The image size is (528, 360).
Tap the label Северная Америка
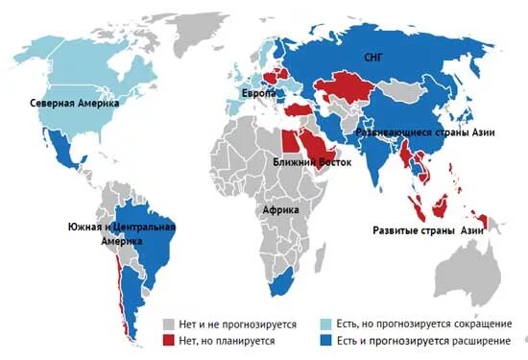(73, 103)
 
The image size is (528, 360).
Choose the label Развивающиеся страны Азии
(425, 132)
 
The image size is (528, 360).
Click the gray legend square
(169, 324)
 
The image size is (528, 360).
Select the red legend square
(169, 341)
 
